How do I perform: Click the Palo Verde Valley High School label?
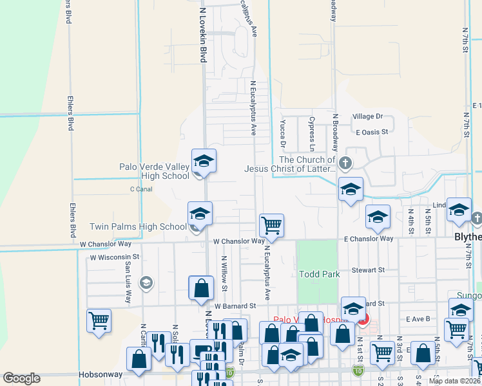[x=155, y=171]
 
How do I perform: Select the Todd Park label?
[x=319, y=274]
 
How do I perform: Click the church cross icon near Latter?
[x=345, y=162]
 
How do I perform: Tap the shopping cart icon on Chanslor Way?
[x=271, y=225]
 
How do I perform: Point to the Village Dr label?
[x=367, y=116]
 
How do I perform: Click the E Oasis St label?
[x=372, y=132]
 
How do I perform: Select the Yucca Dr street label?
[x=283, y=132]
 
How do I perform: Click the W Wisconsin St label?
[x=115, y=257]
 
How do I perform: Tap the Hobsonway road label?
[x=101, y=373]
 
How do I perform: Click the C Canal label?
[x=140, y=189]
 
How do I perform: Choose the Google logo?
[x=22, y=378]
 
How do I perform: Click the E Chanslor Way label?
[x=368, y=239]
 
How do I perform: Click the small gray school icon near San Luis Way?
[x=146, y=282]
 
